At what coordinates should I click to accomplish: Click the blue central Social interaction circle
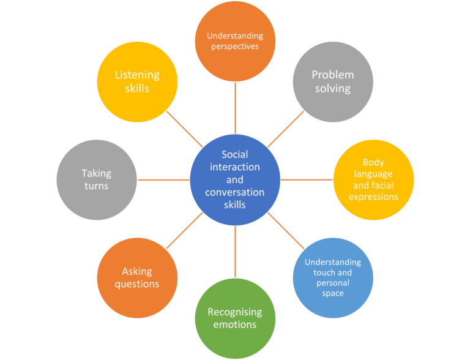235,179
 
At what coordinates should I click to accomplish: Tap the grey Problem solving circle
332,81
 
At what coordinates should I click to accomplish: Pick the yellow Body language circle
373,179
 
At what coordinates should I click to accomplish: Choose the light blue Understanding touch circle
332,277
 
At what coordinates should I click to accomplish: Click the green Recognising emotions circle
235,318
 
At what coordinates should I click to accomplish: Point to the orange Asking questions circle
138,277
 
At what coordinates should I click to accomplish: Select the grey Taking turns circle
97,179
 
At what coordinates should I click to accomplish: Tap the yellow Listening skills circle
138,81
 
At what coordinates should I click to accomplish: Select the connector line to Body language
307,179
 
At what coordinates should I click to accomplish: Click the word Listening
137,75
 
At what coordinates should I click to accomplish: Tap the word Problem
332,75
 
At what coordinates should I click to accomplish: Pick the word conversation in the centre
235,192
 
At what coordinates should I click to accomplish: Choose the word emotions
235,324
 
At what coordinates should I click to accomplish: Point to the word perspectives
235,47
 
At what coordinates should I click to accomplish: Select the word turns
97,186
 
